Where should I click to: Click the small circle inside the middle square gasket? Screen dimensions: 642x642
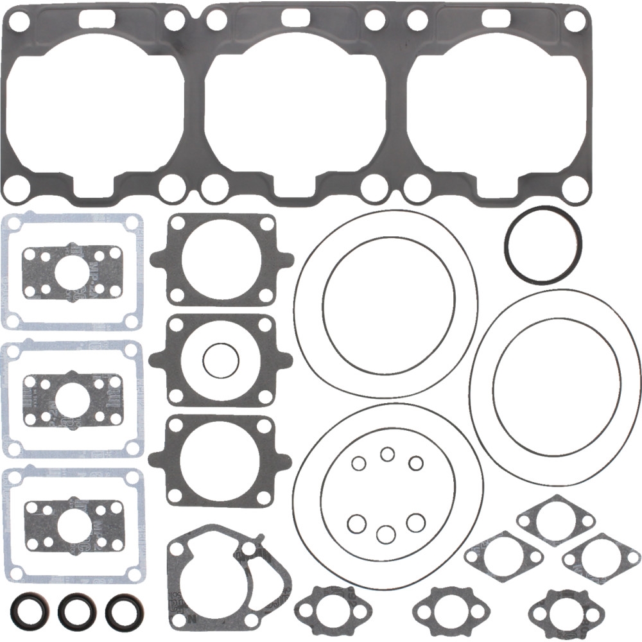coord(221,361)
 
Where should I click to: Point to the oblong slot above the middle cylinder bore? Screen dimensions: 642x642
coord(295,17)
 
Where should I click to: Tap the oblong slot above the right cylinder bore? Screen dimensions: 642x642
coord(496,17)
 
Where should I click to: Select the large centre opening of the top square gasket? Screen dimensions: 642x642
coord(221,260)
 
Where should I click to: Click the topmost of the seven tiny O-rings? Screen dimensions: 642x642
coord(387,455)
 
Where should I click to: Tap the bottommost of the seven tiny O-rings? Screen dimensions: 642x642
coord(385,534)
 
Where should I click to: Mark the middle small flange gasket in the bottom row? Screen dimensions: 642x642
coord(442,607)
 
